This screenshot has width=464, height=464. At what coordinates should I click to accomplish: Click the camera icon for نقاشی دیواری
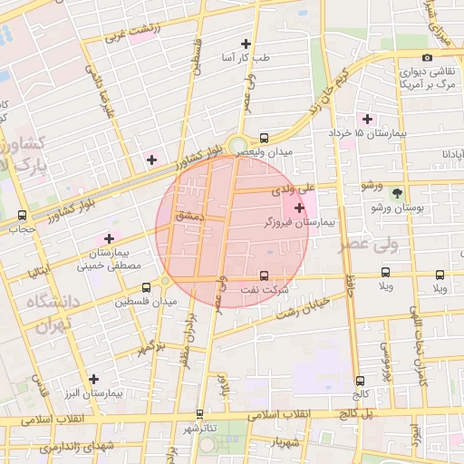[427, 58]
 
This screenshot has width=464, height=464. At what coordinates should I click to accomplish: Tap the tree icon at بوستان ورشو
[397, 193]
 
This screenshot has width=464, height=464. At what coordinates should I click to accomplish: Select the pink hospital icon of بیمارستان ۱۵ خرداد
[367, 119]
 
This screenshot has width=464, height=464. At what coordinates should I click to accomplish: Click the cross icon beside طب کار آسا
[246, 43]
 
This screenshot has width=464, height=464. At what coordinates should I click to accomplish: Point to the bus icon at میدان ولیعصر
[264, 139]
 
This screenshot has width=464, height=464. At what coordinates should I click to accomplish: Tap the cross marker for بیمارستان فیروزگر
[300, 208]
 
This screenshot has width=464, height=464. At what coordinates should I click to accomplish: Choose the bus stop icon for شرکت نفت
[264, 275]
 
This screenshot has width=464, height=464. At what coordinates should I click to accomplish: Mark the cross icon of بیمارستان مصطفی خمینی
[110, 238]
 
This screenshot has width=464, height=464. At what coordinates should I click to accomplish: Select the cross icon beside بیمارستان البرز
[94, 379]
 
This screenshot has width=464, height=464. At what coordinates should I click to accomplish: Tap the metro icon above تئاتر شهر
[199, 413]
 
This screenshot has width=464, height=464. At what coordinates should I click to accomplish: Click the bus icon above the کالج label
[361, 382]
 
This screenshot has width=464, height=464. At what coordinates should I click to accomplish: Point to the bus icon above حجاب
[22, 216]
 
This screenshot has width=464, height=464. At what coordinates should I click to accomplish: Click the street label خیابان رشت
[300, 309]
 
